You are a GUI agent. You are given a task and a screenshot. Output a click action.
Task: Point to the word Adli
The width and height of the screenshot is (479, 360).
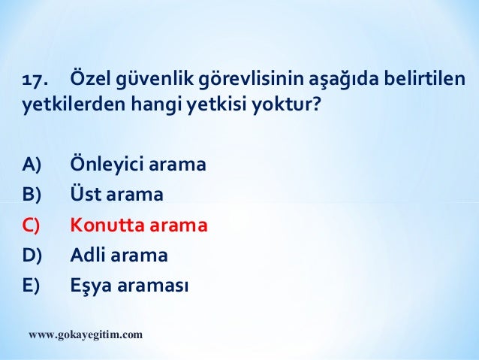(x=88, y=256)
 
